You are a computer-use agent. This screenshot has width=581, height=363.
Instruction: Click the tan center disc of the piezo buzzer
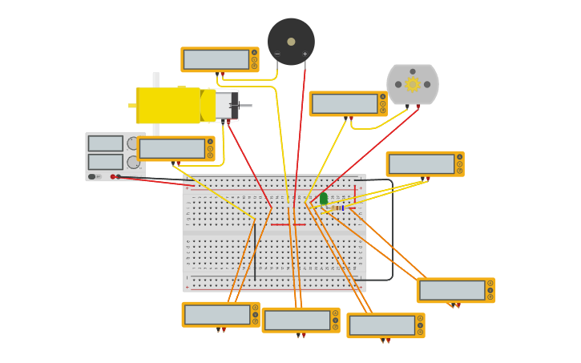[x=291, y=42]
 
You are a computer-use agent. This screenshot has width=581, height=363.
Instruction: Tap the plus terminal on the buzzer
[x=305, y=54]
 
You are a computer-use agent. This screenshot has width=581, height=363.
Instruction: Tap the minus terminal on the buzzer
[x=277, y=54]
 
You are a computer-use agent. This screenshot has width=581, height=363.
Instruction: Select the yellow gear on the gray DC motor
[x=413, y=84]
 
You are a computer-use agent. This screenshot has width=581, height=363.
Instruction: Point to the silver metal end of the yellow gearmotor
[x=226, y=105]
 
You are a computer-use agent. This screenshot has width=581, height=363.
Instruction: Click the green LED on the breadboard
[x=324, y=198]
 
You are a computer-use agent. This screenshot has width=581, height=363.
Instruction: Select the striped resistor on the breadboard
[x=339, y=208]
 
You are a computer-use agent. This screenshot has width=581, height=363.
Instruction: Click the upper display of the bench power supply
[x=105, y=143]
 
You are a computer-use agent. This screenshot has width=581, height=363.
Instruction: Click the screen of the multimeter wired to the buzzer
[x=216, y=59]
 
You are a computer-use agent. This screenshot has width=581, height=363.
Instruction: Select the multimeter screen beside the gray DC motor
[x=345, y=103]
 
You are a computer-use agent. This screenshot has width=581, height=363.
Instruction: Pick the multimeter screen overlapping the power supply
[x=171, y=148]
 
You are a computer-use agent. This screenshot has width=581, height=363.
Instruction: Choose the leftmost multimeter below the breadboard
[x=217, y=314]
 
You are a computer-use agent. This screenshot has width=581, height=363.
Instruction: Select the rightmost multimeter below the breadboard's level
[x=453, y=290]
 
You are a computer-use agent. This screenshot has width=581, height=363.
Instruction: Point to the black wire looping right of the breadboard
[x=392, y=232]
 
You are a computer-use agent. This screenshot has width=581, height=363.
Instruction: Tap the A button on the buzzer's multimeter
[x=254, y=59]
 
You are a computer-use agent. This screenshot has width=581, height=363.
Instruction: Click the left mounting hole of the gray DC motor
[x=398, y=84]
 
